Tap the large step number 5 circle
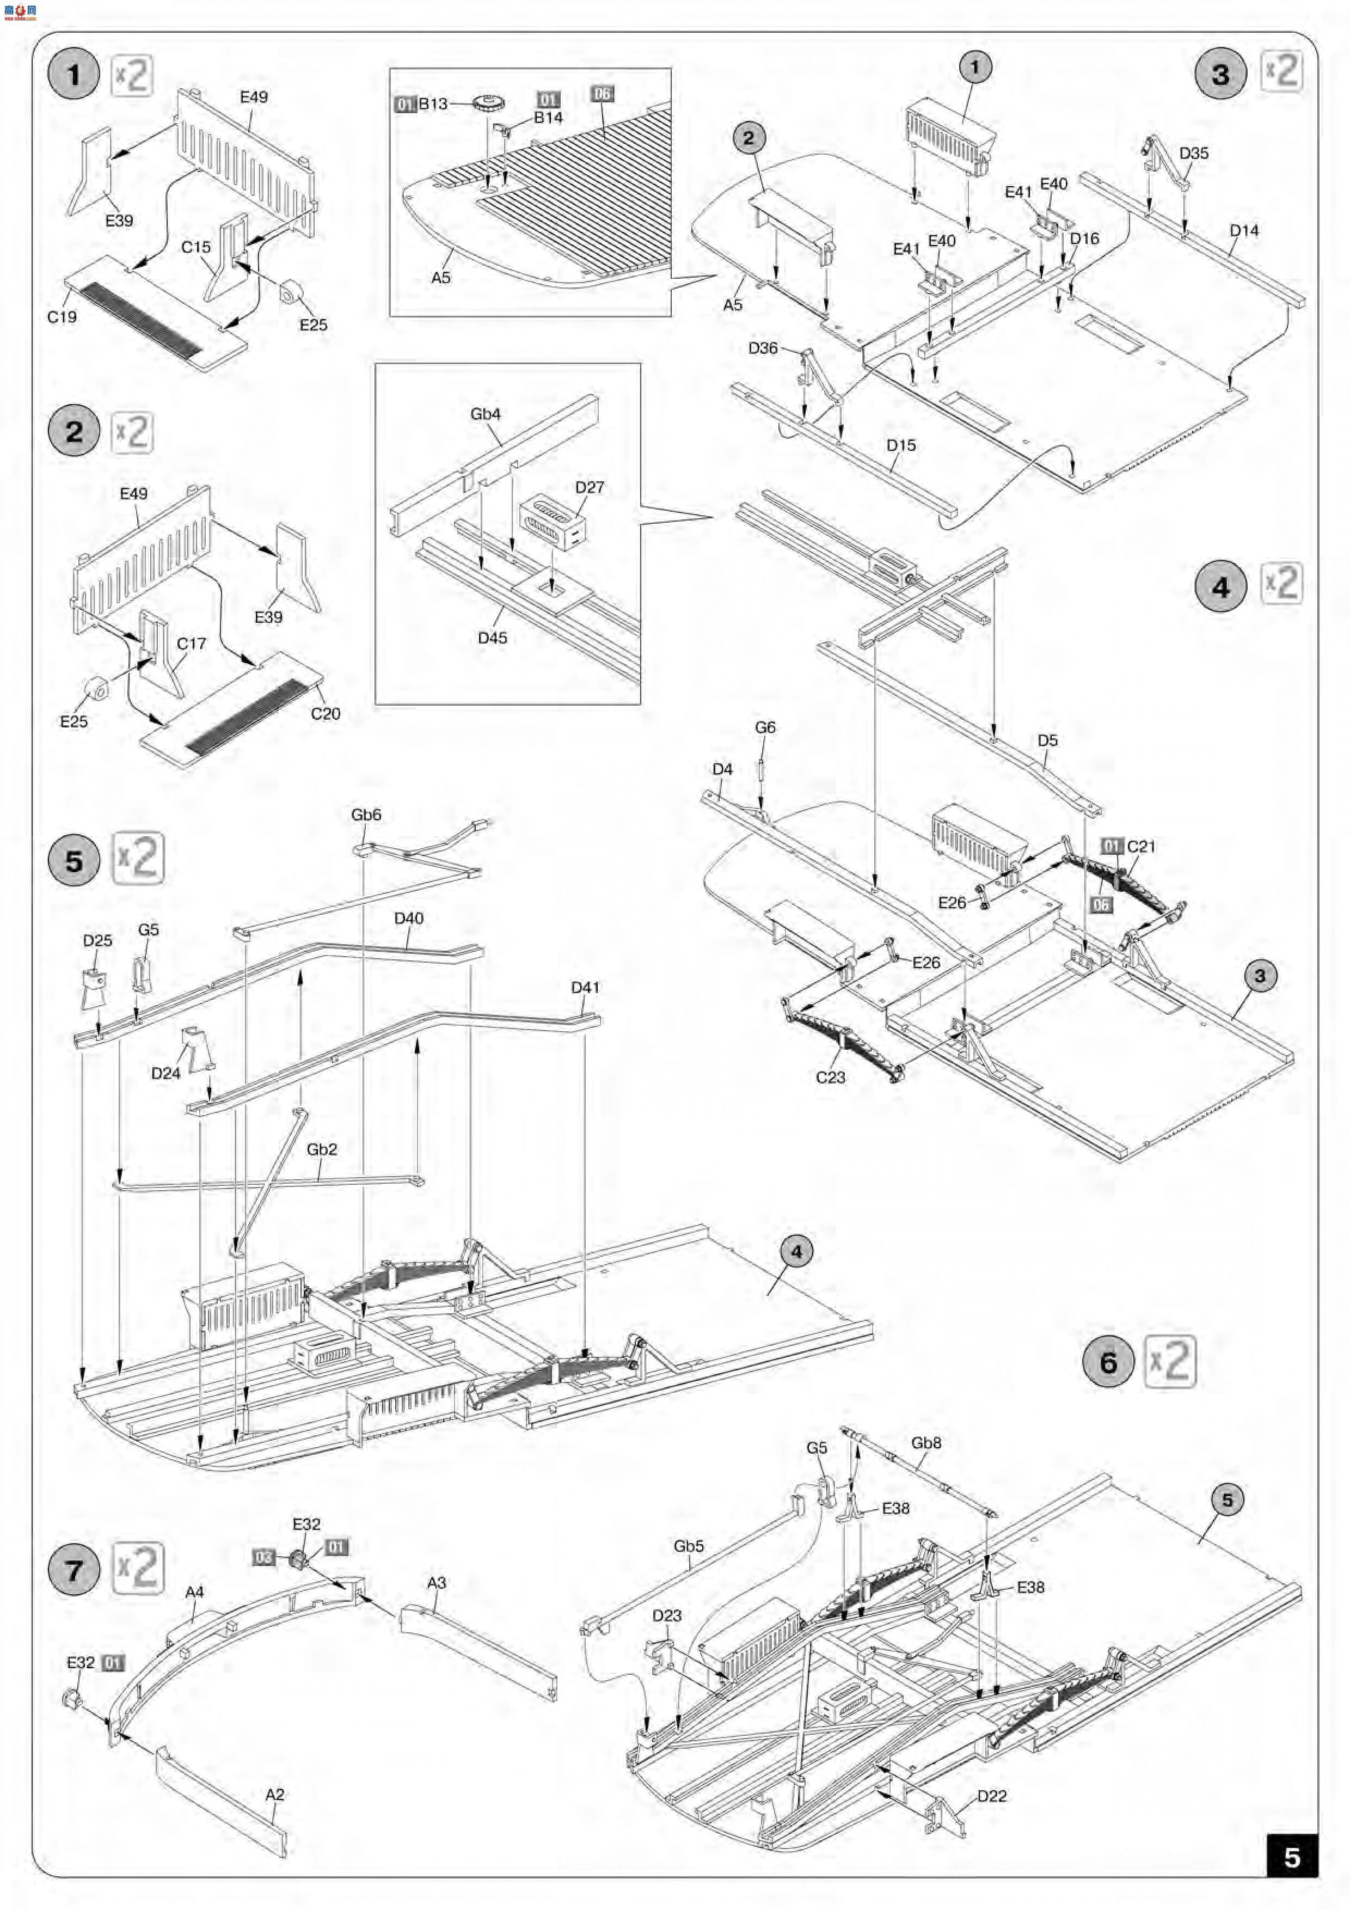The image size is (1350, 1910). coord(74,859)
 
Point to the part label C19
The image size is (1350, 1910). coord(62,317)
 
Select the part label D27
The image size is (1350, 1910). coord(589,487)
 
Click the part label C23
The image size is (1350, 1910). coord(830,1078)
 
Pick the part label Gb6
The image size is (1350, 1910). coord(366,815)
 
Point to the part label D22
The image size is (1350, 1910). coord(991,1796)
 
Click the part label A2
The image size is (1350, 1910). coord(274,1795)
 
